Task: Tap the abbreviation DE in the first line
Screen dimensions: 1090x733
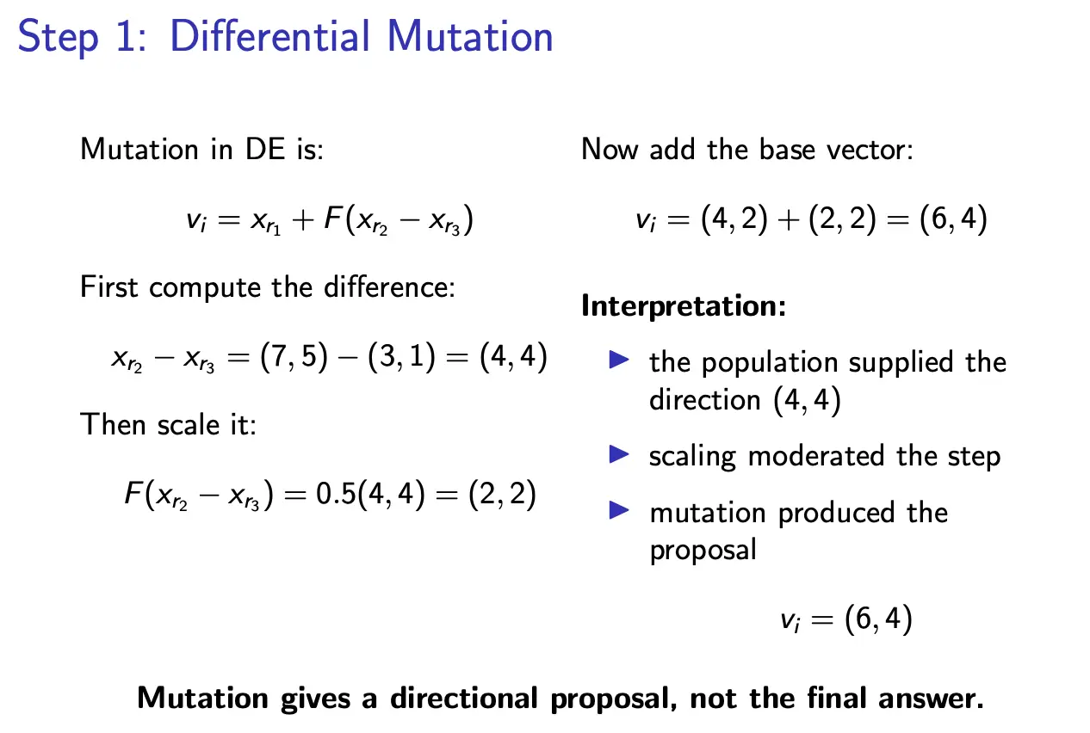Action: click(265, 149)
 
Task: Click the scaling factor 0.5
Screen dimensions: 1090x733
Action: click(336, 494)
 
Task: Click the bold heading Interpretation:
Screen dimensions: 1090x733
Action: click(684, 306)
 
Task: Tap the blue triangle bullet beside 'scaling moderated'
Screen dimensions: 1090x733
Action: click(619, 454)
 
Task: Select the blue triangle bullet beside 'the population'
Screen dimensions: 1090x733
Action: click(619, 360)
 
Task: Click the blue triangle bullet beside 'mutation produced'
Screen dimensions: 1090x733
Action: click(619, 510)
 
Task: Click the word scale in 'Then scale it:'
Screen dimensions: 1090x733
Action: click(189, 425)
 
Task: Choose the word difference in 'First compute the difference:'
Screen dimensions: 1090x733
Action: click(390, 287)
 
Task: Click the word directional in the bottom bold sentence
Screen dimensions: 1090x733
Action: click(464, 699)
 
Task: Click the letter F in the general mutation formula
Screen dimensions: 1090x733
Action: click(333, 218)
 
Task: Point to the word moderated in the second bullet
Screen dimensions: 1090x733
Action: click(816, 456)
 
